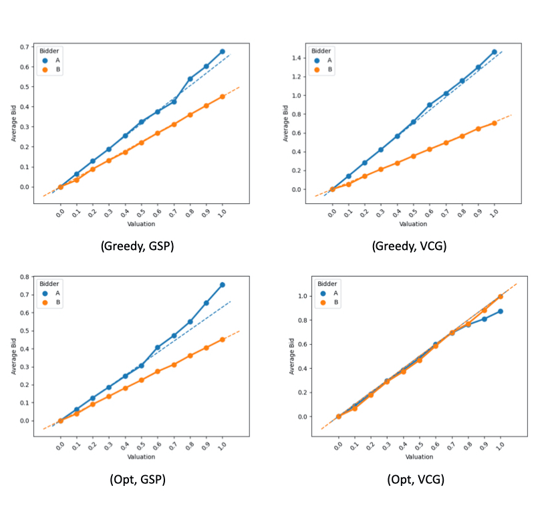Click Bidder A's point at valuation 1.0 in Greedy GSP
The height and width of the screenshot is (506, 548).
[223, 51]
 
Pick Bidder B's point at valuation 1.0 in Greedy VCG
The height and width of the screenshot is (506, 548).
[495, 123]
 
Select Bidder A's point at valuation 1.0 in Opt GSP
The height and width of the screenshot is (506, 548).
[223, 285]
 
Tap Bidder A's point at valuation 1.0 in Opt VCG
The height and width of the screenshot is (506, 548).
[501, 311]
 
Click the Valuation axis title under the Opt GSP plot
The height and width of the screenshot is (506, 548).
[141, 457]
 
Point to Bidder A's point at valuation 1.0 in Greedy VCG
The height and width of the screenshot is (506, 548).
[495, 52]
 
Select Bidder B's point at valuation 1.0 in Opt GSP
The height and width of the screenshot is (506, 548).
[223, 340]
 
